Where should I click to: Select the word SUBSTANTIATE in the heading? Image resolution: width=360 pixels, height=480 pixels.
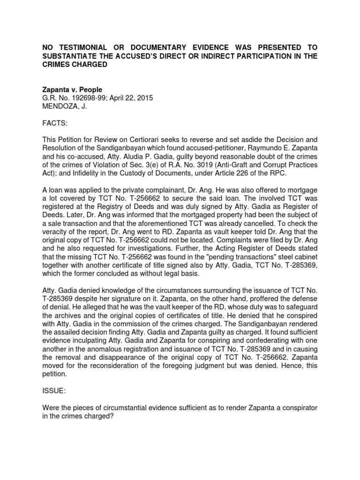pos(71,56)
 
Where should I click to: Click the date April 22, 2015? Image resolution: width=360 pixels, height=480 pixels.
pos(132,98)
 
